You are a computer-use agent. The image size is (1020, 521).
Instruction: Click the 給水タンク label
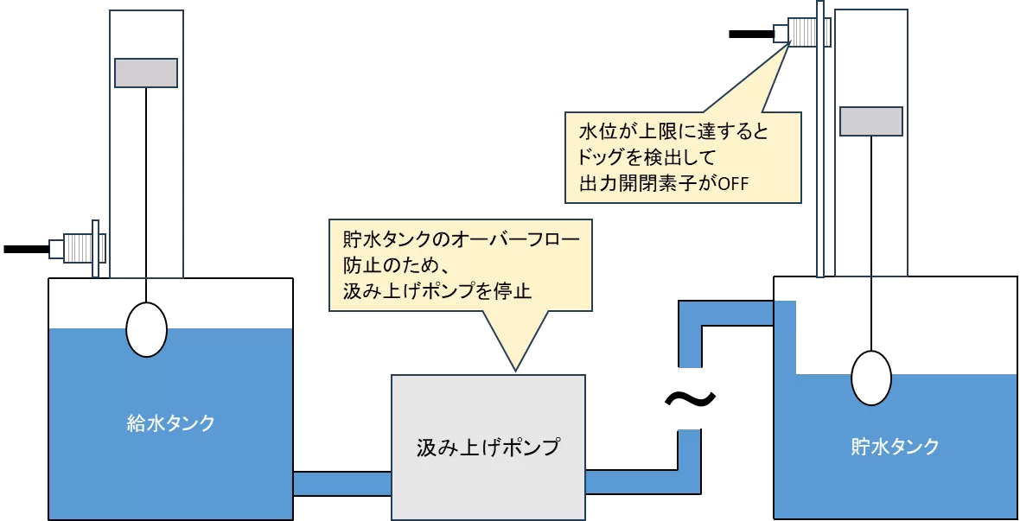(170, 423)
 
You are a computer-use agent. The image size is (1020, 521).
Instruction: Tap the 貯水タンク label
(895, 447)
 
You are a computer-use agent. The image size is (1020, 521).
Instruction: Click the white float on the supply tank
(146, 331)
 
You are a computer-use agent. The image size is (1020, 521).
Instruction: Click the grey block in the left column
(146, 73)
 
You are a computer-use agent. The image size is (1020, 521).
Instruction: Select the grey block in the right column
(870, 121)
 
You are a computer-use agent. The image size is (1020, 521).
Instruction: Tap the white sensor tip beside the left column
(57, 249)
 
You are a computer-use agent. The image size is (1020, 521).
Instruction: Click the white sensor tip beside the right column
(781, 34)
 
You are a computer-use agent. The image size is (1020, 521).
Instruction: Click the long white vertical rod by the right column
(819, 138)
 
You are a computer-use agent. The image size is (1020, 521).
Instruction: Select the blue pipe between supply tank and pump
(342, 483)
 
